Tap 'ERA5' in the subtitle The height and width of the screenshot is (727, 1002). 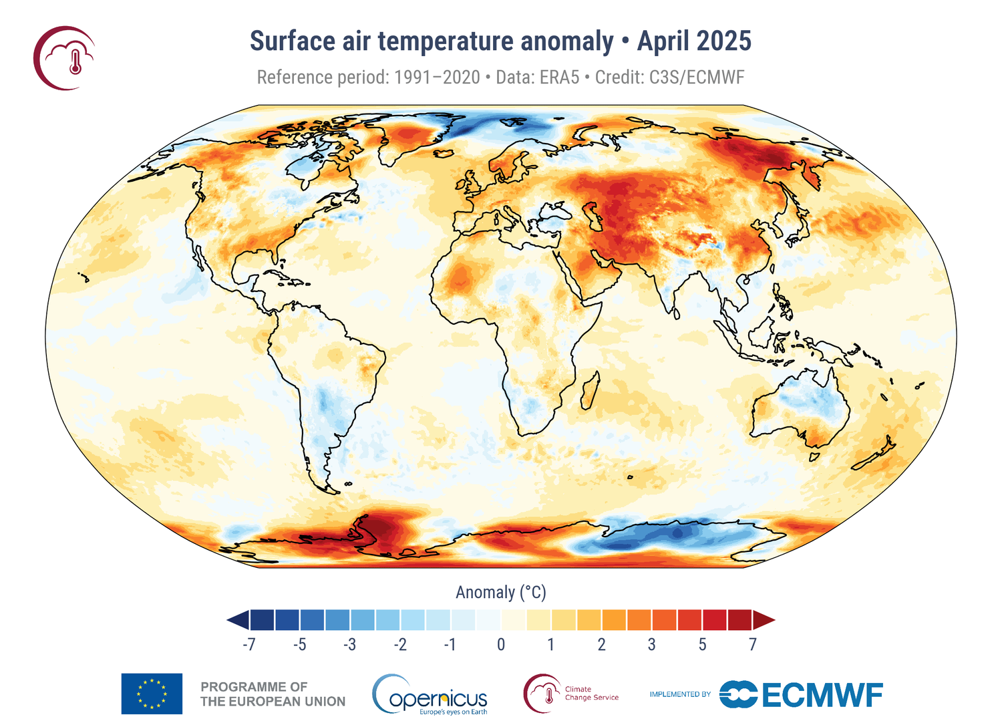point(559,78)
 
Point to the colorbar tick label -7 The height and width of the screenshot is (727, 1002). point(248,645)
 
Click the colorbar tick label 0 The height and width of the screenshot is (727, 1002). point(501,645)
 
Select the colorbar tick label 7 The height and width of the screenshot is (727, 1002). point(753,645)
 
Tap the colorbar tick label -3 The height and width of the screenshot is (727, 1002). point(349,645)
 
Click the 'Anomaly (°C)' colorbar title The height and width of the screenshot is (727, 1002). point(501,593)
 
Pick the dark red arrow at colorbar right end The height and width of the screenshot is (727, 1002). point(764,620)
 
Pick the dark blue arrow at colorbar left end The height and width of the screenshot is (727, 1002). point(238,620)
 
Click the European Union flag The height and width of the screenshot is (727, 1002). point(152,694)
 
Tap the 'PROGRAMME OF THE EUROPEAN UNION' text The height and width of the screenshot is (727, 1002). point(273,694)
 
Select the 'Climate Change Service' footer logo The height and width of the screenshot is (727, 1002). point(571,694)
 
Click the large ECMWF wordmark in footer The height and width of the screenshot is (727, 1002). point(822,695)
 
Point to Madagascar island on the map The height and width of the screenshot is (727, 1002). point(589,391)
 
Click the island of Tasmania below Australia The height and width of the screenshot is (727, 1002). point(814,457)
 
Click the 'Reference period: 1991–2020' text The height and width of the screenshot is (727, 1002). point(368,78)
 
